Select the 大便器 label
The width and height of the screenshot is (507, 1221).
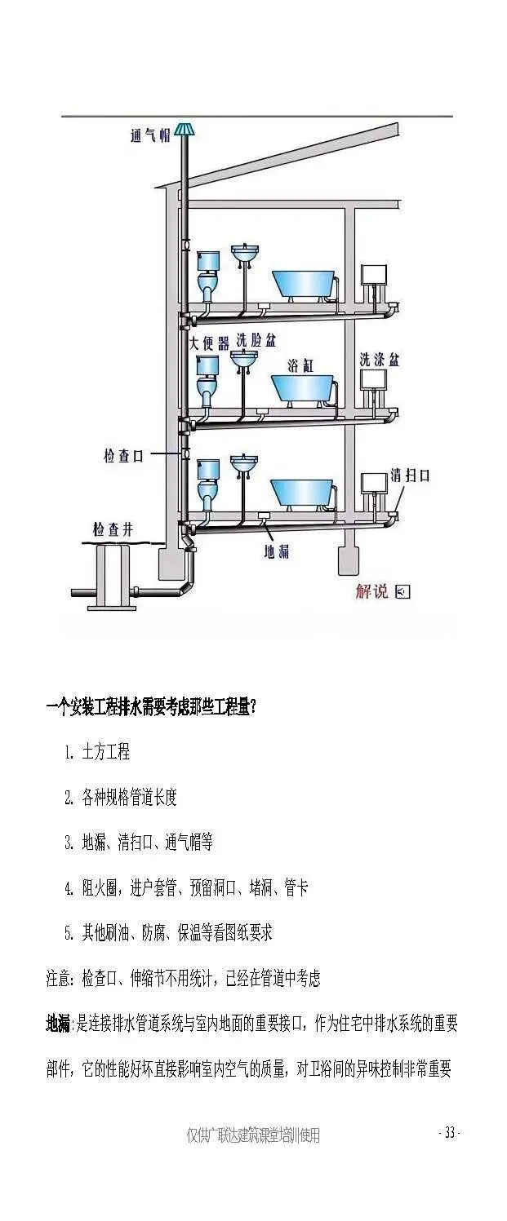(209, 343)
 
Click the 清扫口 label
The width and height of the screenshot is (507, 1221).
(410, 475)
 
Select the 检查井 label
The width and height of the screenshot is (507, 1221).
(112, 530)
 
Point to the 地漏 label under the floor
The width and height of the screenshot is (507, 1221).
(276, 552)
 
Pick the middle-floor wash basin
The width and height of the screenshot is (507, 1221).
(243, 360)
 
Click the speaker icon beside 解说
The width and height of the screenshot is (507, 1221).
(402, 591)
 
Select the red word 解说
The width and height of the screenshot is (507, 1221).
(371, 591)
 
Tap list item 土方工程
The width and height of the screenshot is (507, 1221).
(106, 751)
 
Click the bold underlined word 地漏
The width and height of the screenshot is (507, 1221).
(58, 1024)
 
